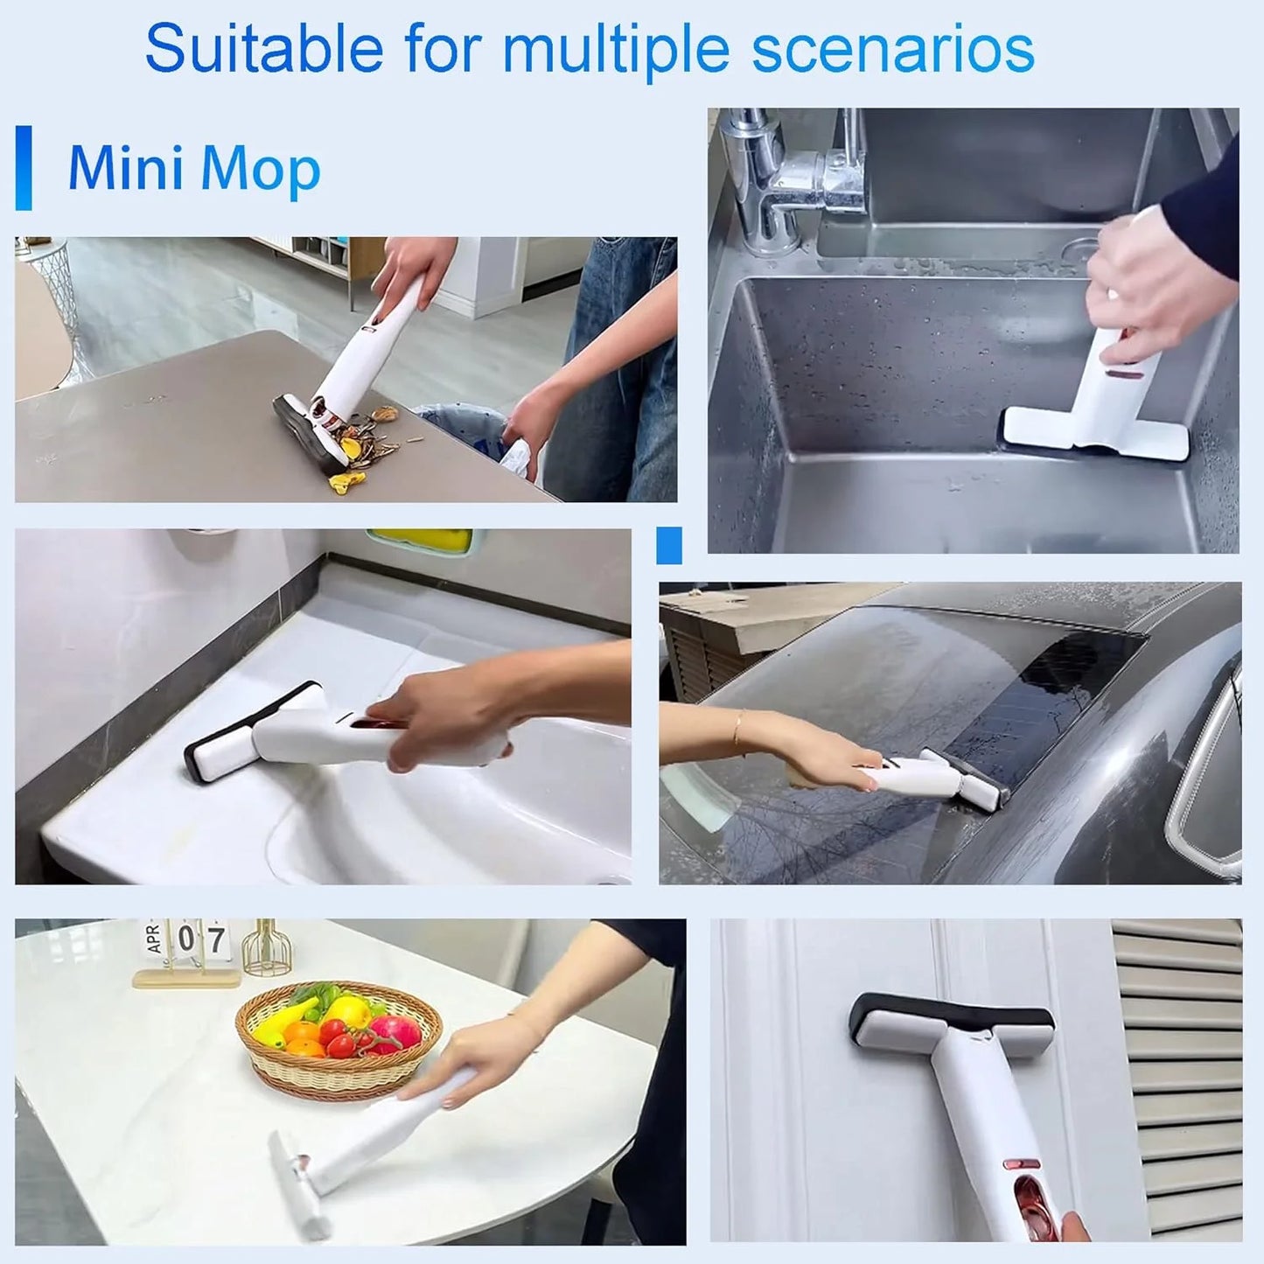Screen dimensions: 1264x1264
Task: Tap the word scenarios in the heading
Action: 892,50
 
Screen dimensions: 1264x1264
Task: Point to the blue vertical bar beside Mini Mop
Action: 24,168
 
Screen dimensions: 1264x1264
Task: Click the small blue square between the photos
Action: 668,545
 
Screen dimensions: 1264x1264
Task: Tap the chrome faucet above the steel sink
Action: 787,175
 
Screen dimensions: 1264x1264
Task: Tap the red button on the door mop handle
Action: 1020,1165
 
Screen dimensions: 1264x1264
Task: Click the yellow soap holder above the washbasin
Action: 420,540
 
